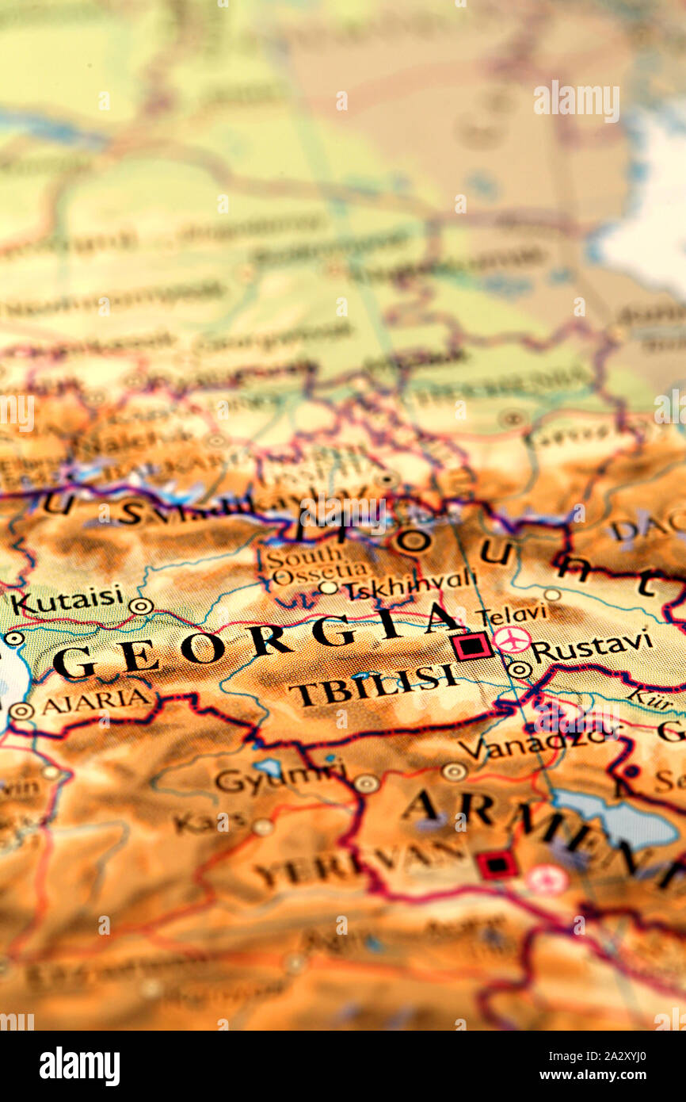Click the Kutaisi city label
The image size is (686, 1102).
(x=67, y=600)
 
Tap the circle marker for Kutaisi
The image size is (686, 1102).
(x=141, y=606)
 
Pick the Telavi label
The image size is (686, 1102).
(x=511, y=613)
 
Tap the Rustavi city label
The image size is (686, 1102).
(x=592, y=647)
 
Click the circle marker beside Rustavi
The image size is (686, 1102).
(x=519, y=669)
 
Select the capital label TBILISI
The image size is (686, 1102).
(x=373, y=684)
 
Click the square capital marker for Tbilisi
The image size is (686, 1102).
(x=472, y=646)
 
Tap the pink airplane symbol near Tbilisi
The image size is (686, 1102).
(x=512, y=640)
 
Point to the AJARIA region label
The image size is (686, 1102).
(x=95, y=701)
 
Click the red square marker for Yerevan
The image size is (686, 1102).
(x=497, y=864)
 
